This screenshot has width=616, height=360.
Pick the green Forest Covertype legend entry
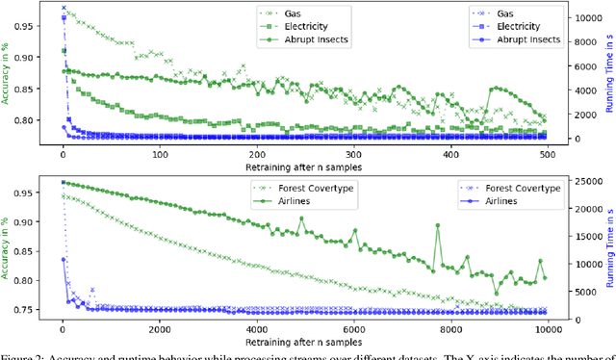point(319,188)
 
